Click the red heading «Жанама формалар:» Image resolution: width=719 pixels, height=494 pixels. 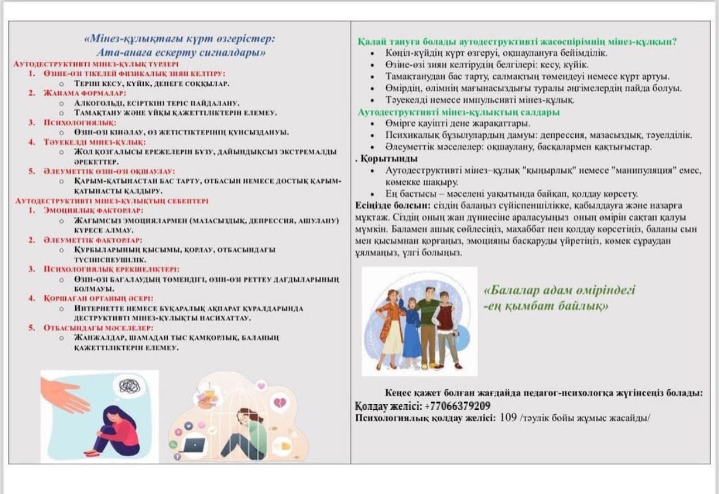(85, 93)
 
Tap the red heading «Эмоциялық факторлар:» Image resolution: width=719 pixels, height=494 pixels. (93, 210)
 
